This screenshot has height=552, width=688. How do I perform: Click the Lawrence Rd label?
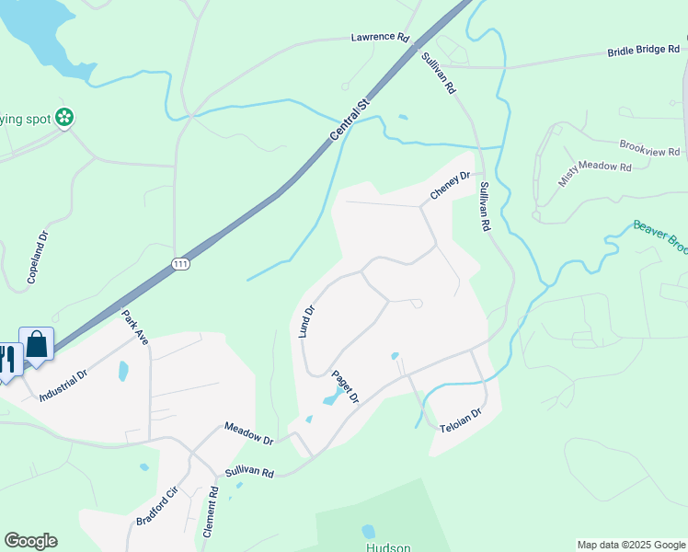(379, 38)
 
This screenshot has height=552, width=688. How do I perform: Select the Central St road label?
(349, 121)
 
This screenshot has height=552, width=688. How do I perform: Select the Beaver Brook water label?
(659, 238)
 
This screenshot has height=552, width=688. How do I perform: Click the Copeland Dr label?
(38, 257)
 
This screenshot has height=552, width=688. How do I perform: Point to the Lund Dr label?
(307, 322)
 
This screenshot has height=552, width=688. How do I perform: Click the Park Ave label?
(135, 327)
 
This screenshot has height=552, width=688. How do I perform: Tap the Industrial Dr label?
(63, 385)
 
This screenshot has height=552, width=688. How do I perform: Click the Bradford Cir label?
(155, 506)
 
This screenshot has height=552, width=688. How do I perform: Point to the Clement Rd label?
(212, 512)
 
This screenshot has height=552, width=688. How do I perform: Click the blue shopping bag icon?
(37, 345)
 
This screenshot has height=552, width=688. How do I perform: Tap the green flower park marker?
(64, 117)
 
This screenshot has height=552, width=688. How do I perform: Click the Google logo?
(30, 541)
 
